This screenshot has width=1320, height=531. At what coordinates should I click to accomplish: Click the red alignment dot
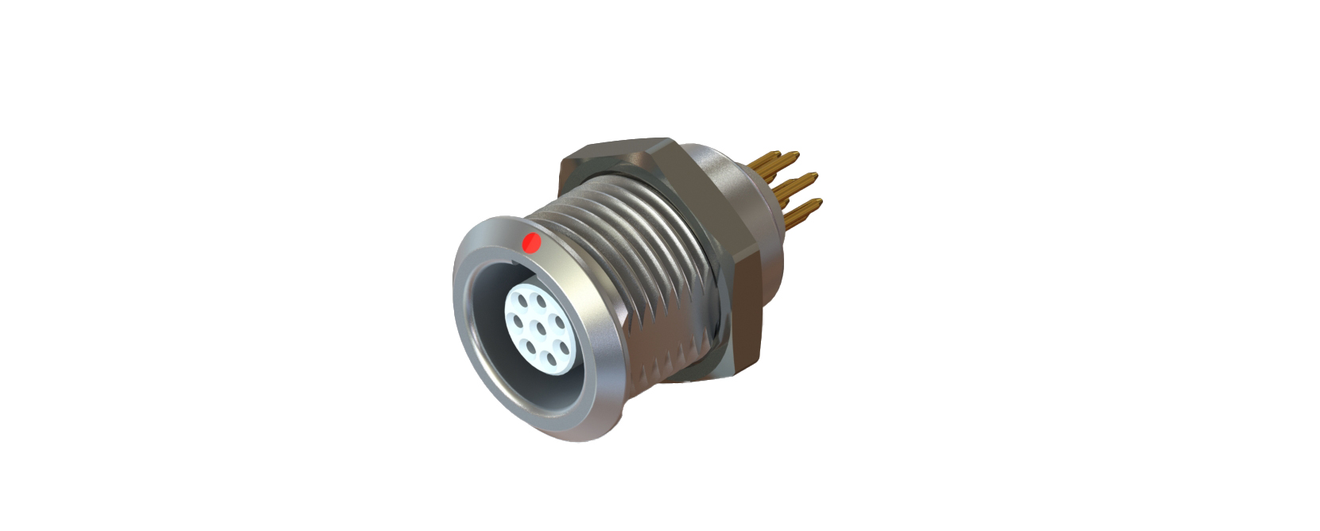(x=530, y=242)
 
